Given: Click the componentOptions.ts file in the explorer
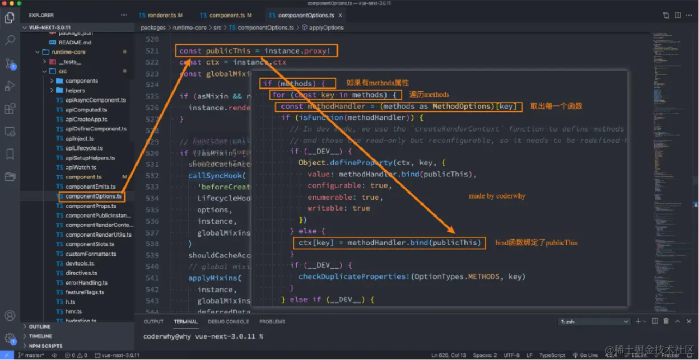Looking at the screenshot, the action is [x=94, y=197].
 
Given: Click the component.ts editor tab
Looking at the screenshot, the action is [x=226, y=15].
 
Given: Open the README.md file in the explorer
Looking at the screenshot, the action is [x=74, y=42].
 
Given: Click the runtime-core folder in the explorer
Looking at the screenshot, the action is [x=68, y=52].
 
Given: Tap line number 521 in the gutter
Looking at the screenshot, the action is [x=152, y=51].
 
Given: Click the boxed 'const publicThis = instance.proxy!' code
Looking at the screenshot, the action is [x=255, y=51].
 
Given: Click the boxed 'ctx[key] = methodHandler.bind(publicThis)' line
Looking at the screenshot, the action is [x=389, y=242].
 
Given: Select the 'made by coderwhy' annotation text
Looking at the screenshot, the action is [x=497, y=196].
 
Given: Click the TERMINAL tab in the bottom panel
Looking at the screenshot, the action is [x=185, y=321].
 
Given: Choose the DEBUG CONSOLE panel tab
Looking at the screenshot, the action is [x=229, y=321].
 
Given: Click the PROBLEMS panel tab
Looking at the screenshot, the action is [x=272, y=321].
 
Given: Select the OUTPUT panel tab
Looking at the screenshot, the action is [x=153, y=321].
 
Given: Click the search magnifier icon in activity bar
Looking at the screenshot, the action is [x=10, y=40].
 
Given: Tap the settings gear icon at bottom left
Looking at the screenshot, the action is [x=10, y=338].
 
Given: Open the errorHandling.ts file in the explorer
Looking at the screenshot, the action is [x=86, y=283].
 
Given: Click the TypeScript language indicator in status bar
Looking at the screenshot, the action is [x=552, y=356].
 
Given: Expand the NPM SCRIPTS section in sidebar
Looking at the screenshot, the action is [x=46, y=345].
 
